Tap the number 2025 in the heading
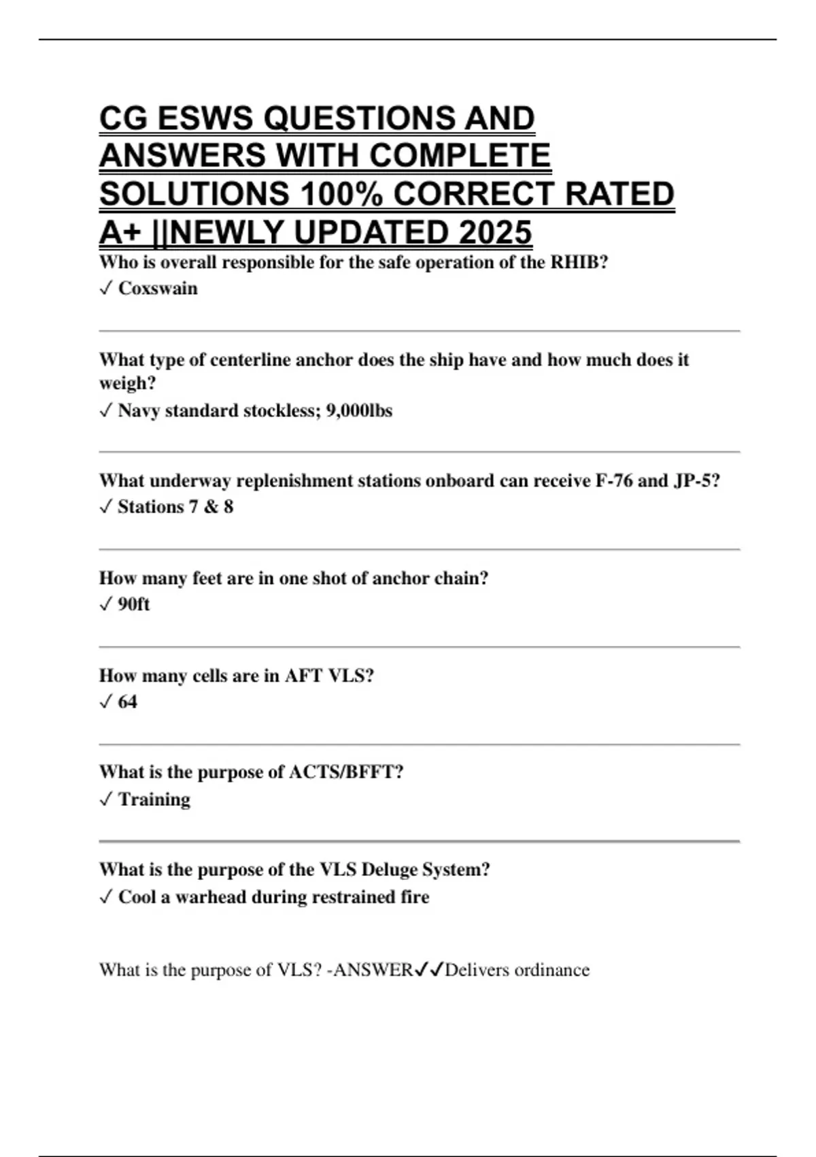point(495,233)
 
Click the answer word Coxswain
point(158,289)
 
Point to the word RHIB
point(578,263)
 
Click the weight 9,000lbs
point(359,411)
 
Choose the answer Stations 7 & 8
point(175,507)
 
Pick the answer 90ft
point(133,604)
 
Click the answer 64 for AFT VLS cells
point(127,702)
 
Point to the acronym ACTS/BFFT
point(345,772)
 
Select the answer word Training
point(154,800)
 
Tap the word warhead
point(210,897)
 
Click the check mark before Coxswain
point(105,289)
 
